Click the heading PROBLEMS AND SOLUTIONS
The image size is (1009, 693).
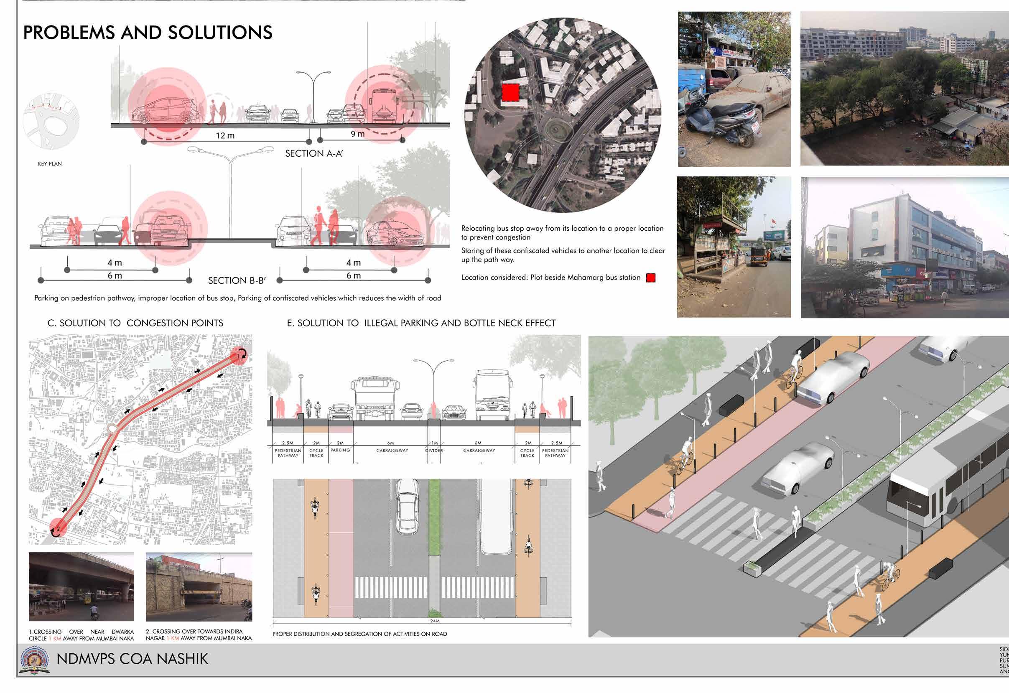point(148,33)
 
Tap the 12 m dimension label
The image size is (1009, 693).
point(225,135)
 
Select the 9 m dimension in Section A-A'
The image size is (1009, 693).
point(357,134)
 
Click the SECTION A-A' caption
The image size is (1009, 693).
point(313,153)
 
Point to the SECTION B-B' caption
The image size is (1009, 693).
point(237,280)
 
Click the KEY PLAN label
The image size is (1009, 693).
point(49,164)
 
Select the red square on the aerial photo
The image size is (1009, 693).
point(511,92)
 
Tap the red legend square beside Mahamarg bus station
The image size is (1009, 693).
point(650,278)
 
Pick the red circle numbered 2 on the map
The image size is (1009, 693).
point(58,528)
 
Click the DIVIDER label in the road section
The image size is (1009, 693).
point(434,451)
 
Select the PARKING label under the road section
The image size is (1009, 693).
point(340,450)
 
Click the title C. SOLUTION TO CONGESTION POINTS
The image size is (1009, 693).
point(135,323)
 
